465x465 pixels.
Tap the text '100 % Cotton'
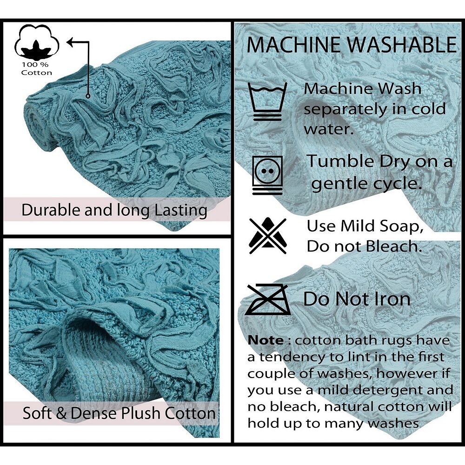coord(36,69)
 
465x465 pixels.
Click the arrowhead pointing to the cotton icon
coord(70,42)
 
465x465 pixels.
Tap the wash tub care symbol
coord(267,101)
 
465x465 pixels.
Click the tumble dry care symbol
coord(267,175)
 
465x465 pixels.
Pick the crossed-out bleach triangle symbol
coord(268,236)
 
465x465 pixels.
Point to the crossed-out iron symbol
coord(268,299)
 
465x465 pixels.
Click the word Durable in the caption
coord(51,210)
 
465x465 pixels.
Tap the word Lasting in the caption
coord(181,211)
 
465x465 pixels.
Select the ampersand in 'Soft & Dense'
coord(61,413)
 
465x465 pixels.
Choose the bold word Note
coord(266,340)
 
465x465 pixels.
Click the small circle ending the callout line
coord(88,96)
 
